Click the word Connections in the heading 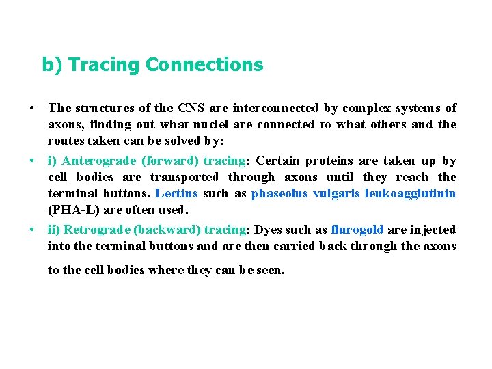click(x=204, y=65)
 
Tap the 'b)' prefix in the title click(x=53, y=65)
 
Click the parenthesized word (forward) click(x=170, y=161)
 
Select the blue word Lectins click(x=177, y=193)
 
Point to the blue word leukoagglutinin click(x=410, y=193)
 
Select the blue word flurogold click(x=357, y=230)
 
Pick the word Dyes click(x=267, y=230)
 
